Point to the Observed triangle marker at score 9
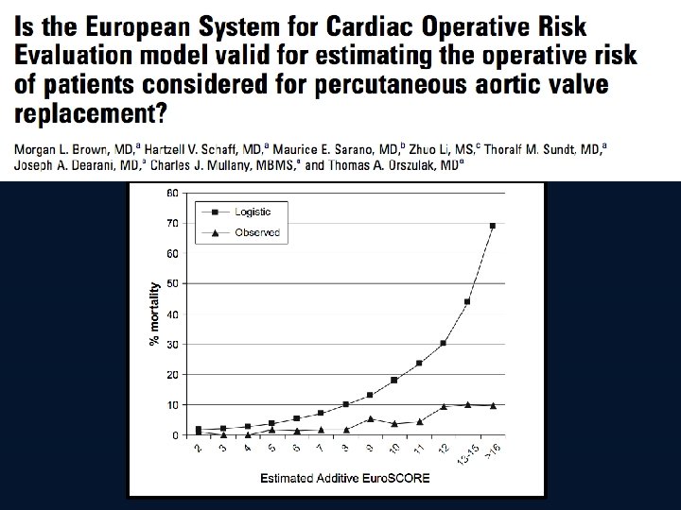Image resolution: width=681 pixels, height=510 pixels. (x=371, y=418)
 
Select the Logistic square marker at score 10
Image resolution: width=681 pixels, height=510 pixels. (x=394, y=380)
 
